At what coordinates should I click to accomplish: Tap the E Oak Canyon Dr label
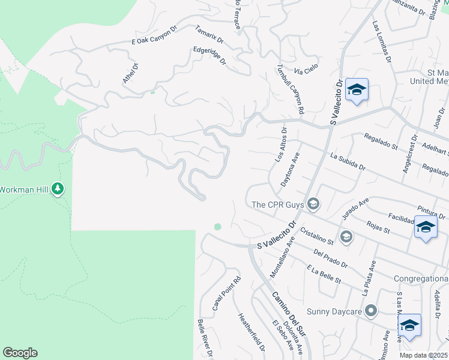point(155,35)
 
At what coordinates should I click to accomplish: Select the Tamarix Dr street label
point(209,35)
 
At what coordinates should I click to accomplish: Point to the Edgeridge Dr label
point(209,56)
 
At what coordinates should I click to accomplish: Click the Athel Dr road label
point(130,73)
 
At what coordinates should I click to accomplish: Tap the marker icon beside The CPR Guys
point(313,205)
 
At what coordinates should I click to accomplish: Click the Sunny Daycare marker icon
point(371,311)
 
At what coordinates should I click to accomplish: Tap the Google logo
point(20,353)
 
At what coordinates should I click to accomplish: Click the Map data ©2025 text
point(424,355)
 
